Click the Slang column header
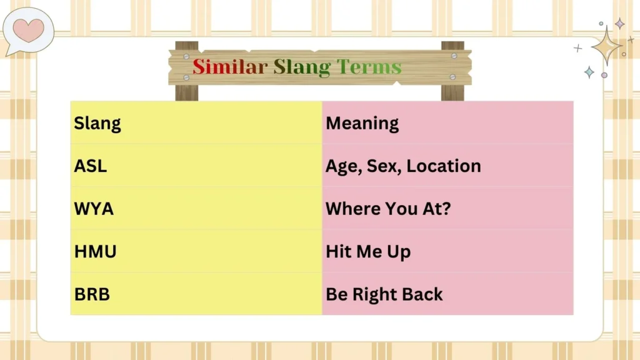[x=97, y=123]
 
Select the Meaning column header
[x=362, y=123]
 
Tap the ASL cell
[x=91, y=166]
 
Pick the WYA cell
[x=94, y=209]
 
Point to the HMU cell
[x=95, y=252]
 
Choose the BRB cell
[x=92, y=294]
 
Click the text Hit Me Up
[x=367, y=252]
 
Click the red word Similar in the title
[x=229, y=67]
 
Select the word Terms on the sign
[x=369, y=67]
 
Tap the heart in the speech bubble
[x=28, y=29]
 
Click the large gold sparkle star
[x=606, y=46]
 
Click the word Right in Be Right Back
[x=372, y=295]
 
